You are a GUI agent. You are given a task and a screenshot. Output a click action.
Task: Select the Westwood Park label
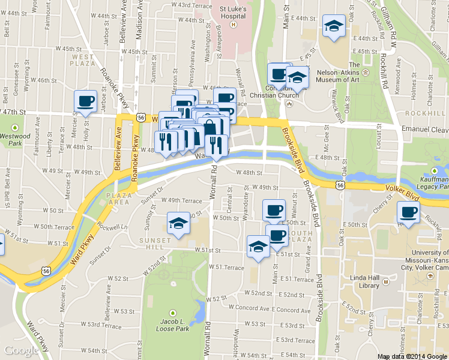(x=16, y=140)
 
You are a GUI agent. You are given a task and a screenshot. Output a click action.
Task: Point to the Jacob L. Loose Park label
(x=173, y=325)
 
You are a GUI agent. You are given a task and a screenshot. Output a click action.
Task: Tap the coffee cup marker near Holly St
(x=85, y=100)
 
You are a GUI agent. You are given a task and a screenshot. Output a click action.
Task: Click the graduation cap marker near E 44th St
(x=334, y=26)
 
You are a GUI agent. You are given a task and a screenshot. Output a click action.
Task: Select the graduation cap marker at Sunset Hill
(x=178, y=224)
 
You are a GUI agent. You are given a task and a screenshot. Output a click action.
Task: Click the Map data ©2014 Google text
(x=411, y=356)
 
